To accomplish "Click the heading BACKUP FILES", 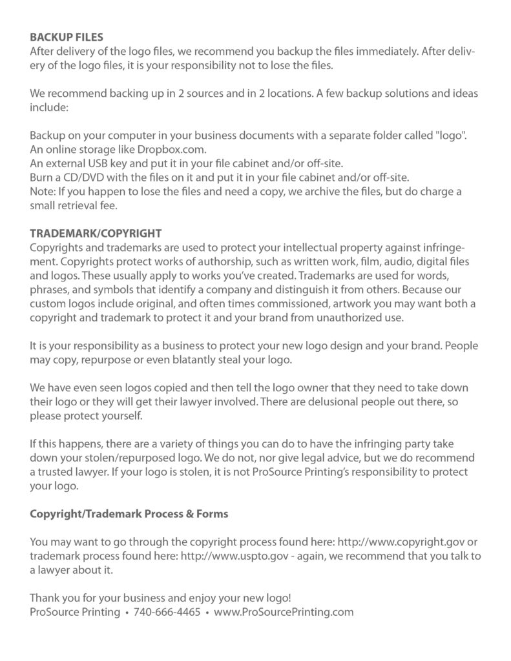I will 66,37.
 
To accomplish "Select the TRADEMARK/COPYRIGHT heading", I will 96,233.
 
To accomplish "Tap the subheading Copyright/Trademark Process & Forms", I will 129,514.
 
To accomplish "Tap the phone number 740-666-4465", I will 167,612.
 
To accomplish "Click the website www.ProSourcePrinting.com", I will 284,612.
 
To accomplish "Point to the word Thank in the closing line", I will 45,598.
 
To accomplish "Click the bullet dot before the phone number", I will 127,613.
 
